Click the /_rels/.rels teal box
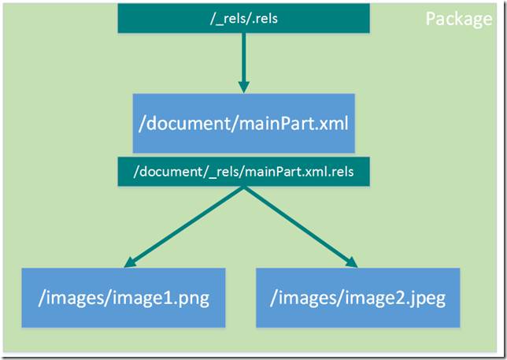[242, 17]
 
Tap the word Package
[458, 19]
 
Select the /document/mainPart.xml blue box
[243, 123]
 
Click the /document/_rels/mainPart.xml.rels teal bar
[243, 170]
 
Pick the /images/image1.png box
[123, 298]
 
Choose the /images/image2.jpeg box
[357, 298]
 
